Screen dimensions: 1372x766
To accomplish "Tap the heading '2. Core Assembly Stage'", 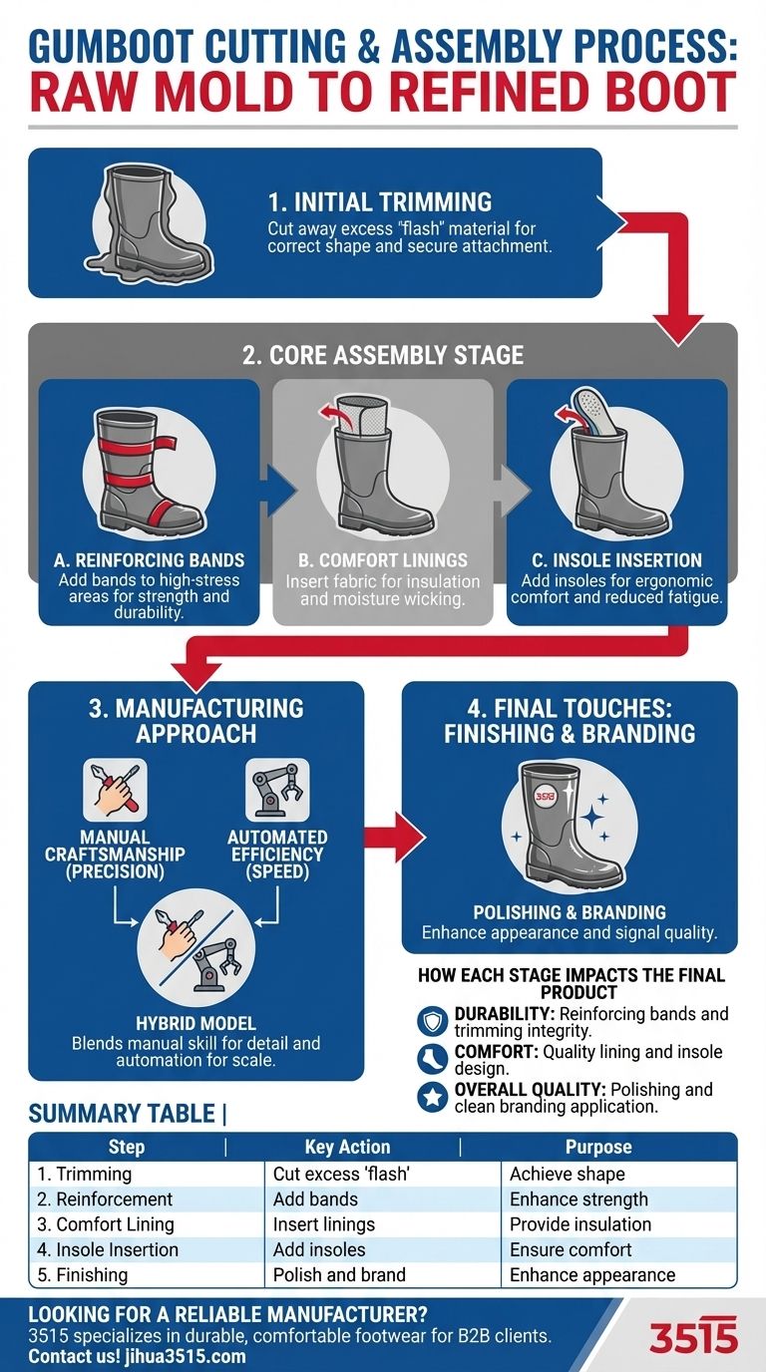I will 383,355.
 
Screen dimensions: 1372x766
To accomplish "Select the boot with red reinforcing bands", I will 149,470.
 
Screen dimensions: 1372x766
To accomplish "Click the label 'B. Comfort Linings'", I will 383,560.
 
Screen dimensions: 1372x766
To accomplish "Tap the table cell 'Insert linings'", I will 324,1224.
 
